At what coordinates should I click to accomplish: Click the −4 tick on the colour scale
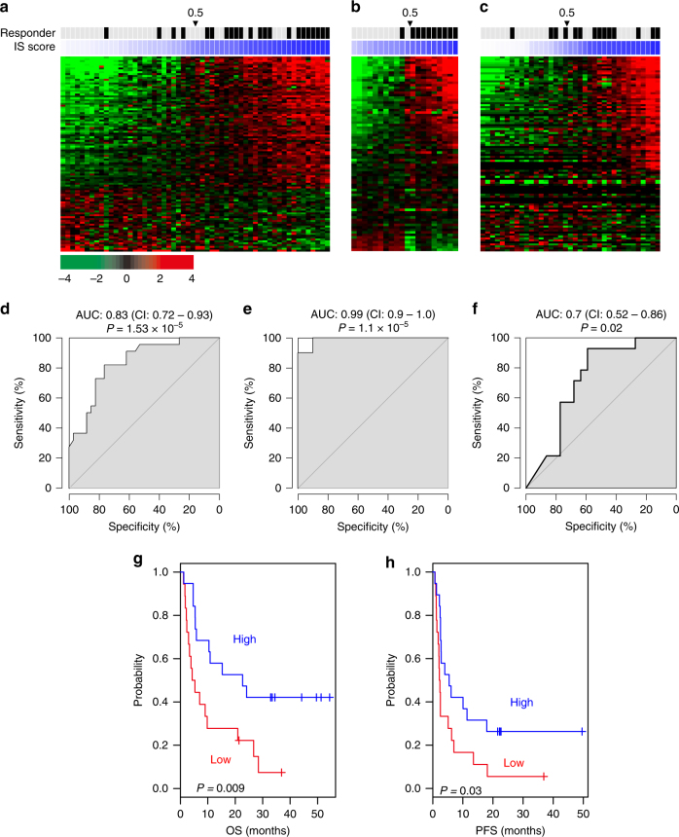point(64,278)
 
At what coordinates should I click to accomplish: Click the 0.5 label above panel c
point(566,12)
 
